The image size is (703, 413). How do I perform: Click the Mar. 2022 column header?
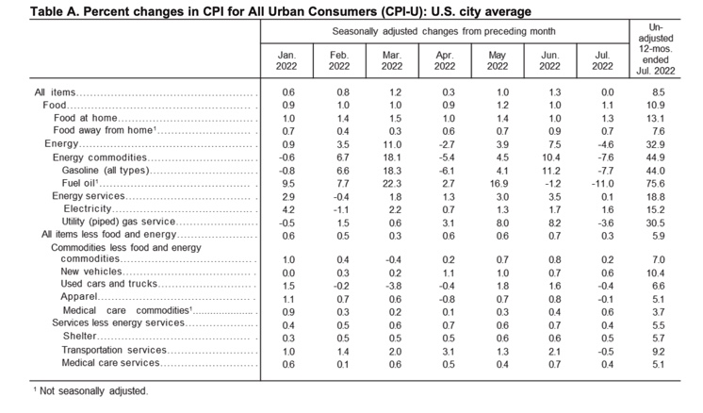click(x=392, y=60)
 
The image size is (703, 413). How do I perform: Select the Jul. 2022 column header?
click(x=602, y=60)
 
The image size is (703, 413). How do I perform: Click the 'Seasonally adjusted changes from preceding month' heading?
click(x=444, y=31)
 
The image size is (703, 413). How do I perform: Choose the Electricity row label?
click(x=88, y=209)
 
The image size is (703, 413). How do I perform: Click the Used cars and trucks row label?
click(x=109, y=284)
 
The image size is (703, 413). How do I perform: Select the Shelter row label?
click(x=80, y=336)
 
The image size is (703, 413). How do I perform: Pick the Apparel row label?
click(x=79, y=296)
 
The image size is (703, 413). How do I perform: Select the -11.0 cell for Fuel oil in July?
click(x=602, y=184)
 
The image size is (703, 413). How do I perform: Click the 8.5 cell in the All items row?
click(x=659, y=92)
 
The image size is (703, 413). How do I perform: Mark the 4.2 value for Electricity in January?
click(x=288, y=210)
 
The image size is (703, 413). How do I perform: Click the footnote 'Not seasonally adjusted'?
click(x=93, y=391)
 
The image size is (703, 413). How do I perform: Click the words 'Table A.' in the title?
click(x=55, y=11)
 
